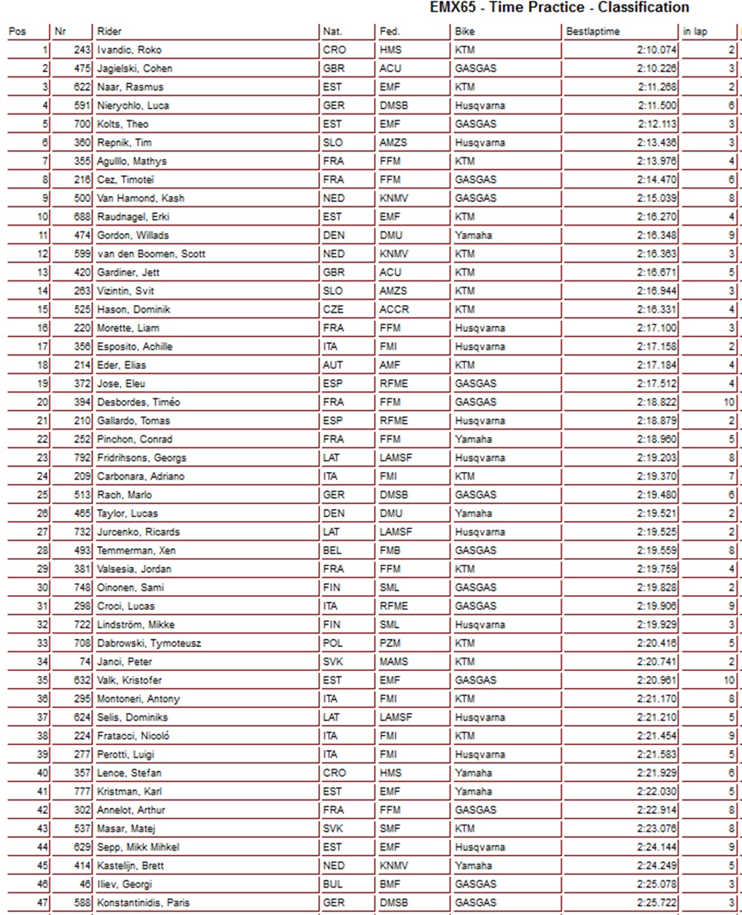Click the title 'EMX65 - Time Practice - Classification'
[559, 7]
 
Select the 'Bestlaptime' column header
[592, 31]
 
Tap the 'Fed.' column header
[390, 31]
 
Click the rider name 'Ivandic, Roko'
[129, 50]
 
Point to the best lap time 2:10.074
[657, 50]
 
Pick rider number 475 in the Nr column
[82, 68]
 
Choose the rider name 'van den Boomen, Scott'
[151, 254]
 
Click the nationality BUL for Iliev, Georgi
[333, 884]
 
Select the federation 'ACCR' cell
[394, 309]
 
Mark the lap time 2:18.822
[657, 402]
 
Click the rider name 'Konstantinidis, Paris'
[143, 902]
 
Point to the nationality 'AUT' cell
[333, 365]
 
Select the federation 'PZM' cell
[391, 643]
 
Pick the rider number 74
[85, 661]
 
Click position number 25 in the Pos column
[42, 495]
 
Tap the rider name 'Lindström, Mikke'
[136, 624]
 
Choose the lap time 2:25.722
[657, 902]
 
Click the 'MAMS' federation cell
[394, 661]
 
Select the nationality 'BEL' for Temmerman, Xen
[332, 550]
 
